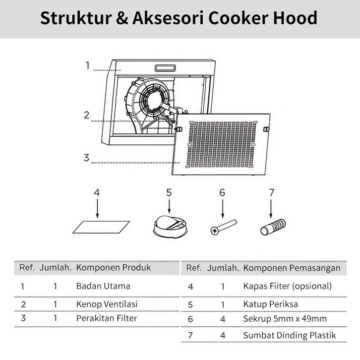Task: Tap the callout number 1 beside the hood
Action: click(87, 65)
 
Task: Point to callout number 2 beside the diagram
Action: click(87, 115)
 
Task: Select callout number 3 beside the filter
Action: click(87, 158)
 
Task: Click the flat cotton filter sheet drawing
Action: click(101, 227)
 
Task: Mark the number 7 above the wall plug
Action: click(271, 193)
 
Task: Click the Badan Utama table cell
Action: click(103, 286)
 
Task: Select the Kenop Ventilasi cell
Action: click(107, 304)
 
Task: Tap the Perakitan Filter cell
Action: click(107, 318)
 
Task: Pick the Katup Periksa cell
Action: click(270, 304)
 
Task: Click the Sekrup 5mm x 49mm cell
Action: click(285, 319)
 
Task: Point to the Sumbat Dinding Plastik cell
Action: click(289, 336)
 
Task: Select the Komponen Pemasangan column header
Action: click(292, 268)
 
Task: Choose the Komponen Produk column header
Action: click(113, 268)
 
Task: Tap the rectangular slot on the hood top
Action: click(169, 68)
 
